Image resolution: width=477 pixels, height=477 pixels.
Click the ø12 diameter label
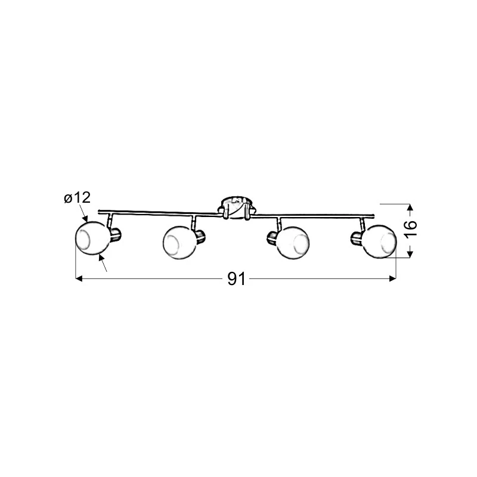point(78,198)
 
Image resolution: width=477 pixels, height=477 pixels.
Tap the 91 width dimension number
point(236,278)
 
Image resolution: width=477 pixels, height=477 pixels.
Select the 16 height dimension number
point(410,228)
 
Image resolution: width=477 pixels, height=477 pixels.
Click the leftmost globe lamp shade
point(92,238)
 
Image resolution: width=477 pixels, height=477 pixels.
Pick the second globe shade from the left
point(181,243)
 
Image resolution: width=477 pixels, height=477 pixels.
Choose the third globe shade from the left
point(293,243)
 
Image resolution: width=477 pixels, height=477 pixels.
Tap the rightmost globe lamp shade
point(379,242)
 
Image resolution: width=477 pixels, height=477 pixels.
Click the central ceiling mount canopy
point(237,207)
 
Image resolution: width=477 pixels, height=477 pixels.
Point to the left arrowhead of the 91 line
point(79,278)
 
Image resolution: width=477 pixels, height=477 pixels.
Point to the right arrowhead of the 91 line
point(392,278)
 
